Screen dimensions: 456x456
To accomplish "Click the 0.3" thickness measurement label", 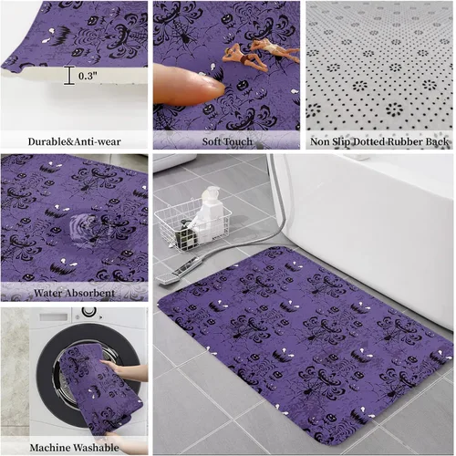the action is pos(88,76).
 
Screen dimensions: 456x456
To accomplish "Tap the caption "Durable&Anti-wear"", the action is pos(74,141).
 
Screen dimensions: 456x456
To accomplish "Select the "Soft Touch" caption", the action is pos(227,141).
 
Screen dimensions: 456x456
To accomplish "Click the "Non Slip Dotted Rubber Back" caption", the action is pos(379,141).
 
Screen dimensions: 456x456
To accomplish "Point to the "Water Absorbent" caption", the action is pos(75,293).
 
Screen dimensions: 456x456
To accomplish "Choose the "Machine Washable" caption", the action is pos(74,448).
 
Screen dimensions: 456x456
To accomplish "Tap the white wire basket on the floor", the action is pos(192,225).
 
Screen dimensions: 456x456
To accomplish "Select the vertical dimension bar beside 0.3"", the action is pos(69,76).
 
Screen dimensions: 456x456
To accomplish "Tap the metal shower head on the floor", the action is pos(175,272).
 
